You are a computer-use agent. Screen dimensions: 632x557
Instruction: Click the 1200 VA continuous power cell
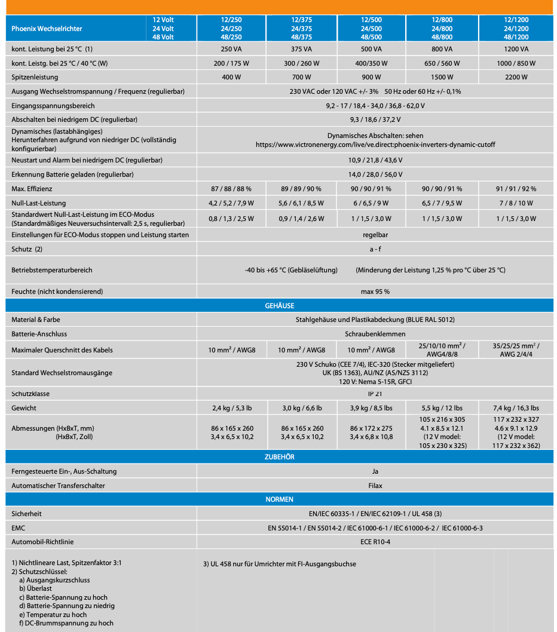coord(516,49)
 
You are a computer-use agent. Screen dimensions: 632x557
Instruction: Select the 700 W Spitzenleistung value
coord(301,77)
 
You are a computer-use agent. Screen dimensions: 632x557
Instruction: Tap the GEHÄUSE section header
coord(279,306)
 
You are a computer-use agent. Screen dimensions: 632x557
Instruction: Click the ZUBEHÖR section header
coord(279,457)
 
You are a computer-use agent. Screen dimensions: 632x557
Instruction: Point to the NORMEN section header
coord(279,499)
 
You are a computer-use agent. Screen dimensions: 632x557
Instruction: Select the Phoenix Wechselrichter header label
coord(47,29)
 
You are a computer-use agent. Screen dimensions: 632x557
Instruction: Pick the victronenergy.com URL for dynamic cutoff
coord(375,145)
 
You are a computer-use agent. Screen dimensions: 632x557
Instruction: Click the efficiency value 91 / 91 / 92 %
coord(516,189)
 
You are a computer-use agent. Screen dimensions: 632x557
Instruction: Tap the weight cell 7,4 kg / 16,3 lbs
coord(516,408)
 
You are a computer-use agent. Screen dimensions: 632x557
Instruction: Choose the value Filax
coord(375,486)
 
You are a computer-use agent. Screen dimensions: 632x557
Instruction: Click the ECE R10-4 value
coord(375,542)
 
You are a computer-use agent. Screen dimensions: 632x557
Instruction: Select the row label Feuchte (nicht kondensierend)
coord(57,292)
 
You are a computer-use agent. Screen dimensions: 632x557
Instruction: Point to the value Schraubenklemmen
coord(375,334)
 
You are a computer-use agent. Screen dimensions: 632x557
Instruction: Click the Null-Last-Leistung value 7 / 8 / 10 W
coord(516,203)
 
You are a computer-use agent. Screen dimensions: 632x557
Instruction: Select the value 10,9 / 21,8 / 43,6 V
coord(375,160)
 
